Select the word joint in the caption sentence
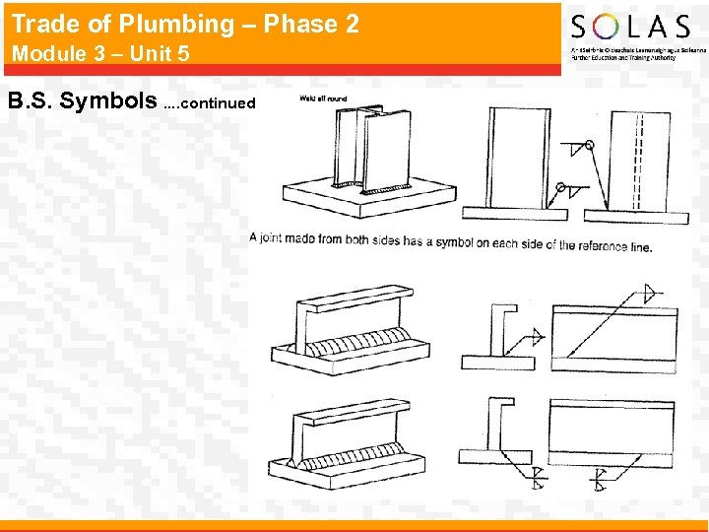click(x=277, y=238)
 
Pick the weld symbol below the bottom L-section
click(x=536, y=480)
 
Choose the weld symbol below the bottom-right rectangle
click(x=598, y=480)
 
